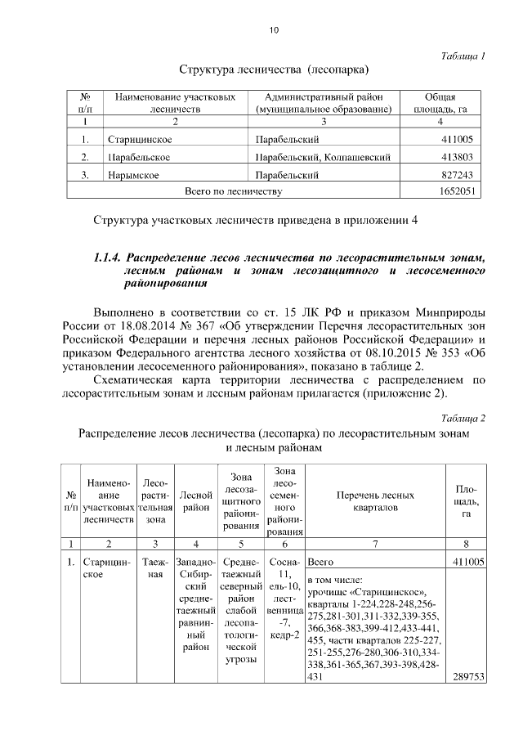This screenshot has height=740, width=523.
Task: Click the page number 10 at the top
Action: coord(274,30)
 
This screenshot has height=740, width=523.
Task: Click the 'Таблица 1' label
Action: coord(463,56)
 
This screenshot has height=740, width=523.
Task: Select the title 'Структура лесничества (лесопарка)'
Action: coord(274,70)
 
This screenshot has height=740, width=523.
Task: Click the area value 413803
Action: coord(457,157)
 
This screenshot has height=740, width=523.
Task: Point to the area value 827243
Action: coord(457,174)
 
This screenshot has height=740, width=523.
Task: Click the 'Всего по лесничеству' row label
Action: coord(234,191)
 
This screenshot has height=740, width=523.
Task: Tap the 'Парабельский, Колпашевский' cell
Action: coord(315,157)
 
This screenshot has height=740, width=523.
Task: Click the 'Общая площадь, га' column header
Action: coord(440,102)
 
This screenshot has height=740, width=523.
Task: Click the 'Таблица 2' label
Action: coord(463,418)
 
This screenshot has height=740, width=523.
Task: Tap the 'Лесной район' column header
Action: coord(196,501)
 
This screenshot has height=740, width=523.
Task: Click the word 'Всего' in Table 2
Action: coord(320,563)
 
